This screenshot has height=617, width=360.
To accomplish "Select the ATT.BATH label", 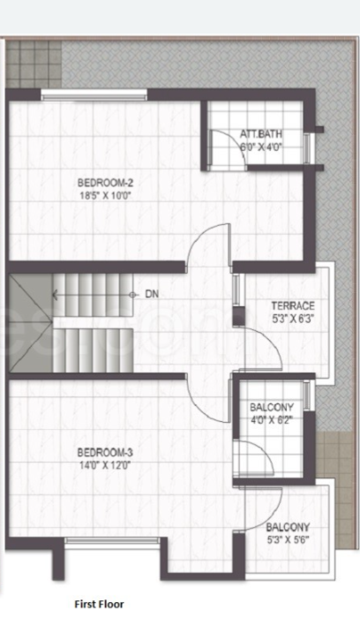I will (x=260, y=134).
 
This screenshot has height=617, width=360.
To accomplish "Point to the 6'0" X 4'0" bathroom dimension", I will (x=260, y=147).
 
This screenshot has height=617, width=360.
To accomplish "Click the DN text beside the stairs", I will (x=153, y=294).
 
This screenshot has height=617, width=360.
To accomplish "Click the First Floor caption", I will (x=100, y=604).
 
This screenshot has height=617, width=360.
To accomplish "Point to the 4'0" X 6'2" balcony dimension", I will (x=271, y=420).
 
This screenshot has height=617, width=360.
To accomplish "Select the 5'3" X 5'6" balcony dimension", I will (x=288, y=540).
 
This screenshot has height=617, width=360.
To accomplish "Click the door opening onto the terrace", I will (x=260, y=344).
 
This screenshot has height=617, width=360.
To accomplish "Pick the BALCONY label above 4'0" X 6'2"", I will (x=271, y=407).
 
